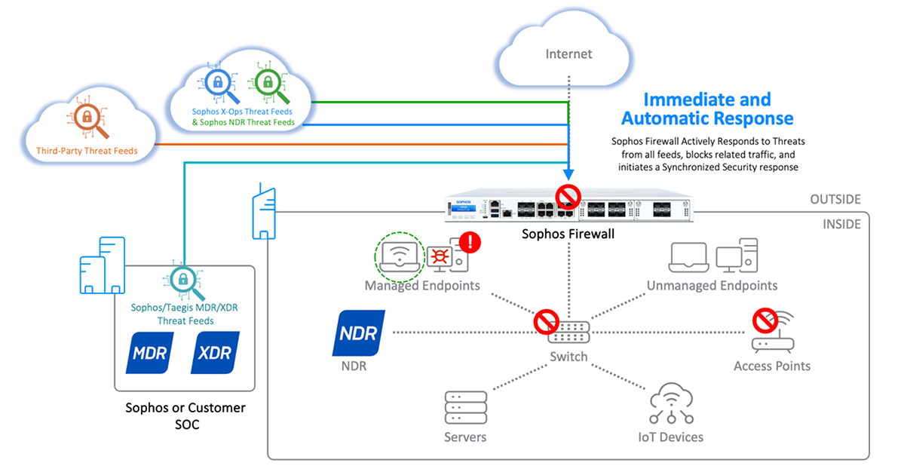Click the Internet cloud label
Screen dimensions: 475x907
tap(569, 54)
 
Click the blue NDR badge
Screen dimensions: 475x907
tap(358, 332)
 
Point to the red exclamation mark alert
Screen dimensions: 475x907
tap(471, 242)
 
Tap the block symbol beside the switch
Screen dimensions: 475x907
tap(544, 322)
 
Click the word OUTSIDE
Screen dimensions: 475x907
tap(835, 200)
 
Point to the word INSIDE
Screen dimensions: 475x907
tap(841, 225)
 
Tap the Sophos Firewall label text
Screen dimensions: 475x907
tap(568, 234)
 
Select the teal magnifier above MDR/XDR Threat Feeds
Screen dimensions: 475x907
tap(181, 280)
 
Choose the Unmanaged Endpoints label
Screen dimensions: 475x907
tap(712, 286)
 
